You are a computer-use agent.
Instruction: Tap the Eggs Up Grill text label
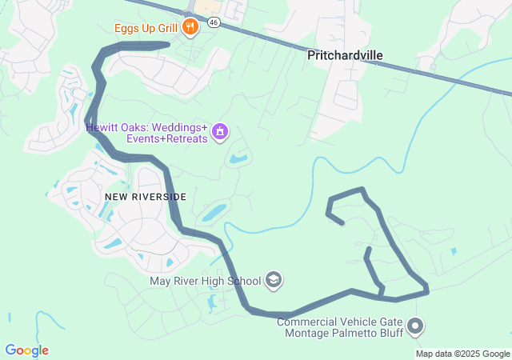point(146,29)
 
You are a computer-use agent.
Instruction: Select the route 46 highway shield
point(213,22)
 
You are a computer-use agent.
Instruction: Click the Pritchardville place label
point(345,55)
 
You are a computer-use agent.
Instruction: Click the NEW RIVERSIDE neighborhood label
point(146,197)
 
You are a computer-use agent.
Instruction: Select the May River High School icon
point(274,280)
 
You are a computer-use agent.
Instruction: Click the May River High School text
point(206,281)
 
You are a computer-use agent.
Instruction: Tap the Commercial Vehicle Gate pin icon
point(414,326)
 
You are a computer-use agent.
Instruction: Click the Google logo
point(26,350)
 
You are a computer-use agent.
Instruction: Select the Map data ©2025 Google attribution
point(462,354)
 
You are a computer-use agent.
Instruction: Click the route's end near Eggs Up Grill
point(166,45)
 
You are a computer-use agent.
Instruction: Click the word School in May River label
point(243,281)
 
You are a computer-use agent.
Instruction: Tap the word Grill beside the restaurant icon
point(166,29)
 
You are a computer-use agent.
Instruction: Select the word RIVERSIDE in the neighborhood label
point(160,197)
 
